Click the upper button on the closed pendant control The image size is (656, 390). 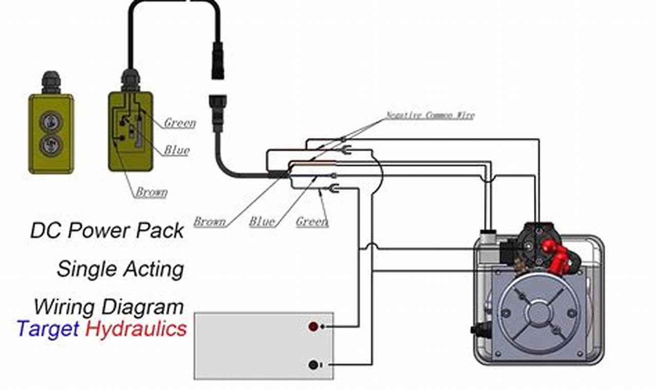point(51,121)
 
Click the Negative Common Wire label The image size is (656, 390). point(430,115)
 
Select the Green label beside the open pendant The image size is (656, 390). point(180,123)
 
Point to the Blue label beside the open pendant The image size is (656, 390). point(177,150)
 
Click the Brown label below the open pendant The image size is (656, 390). point(151,192)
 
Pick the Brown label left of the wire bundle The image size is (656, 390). point(209,222)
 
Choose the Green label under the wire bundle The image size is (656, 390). point(312,222)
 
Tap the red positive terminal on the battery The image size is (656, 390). point(313,326)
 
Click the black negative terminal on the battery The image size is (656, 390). point(313,365)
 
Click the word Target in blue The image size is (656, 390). point(48,328)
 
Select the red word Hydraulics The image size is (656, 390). point(136,328)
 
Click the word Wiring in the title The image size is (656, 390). point(64,307)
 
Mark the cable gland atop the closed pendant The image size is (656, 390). point(51,83)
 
